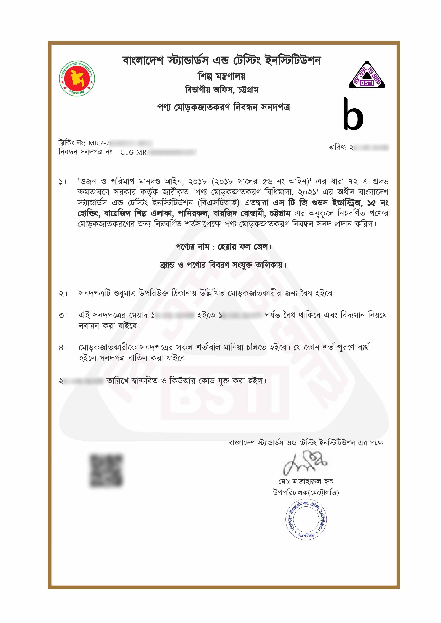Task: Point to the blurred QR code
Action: point(106,470)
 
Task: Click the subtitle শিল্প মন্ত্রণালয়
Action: point(222,77)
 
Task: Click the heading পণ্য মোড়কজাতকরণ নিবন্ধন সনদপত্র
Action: point(223,107)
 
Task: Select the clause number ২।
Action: point(63,294)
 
